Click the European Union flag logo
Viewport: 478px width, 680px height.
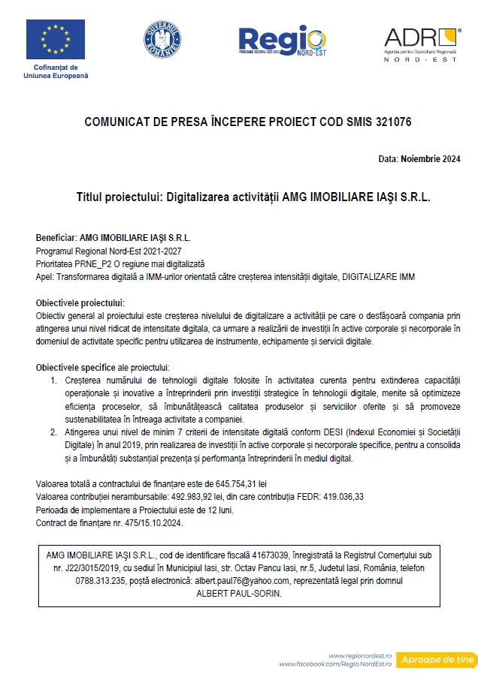click(x=56, y=39)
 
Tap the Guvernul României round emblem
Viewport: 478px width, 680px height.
click(x=162, y=41)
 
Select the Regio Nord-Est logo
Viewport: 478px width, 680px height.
click(x=282, y=43)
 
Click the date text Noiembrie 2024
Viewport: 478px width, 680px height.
click(x=431, y=159)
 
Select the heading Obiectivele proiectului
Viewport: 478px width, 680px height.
click(x=80, y=302)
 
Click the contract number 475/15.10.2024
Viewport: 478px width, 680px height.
click(x=138, y=523)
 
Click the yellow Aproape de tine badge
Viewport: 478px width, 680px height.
click(x=437, y=660)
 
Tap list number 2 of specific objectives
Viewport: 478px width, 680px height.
click(x=54, y=432)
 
